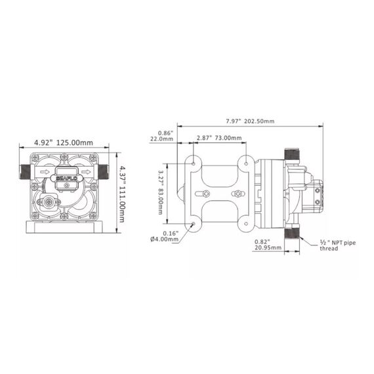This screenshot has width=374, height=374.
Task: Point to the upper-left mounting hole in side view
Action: click(x=194, y=161)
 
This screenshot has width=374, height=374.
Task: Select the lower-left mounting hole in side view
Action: click(x=194, y=224)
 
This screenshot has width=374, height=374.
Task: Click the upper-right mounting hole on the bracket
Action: click(x=245, y=161)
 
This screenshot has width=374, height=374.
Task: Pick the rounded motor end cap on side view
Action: click(x=182, y=192)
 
